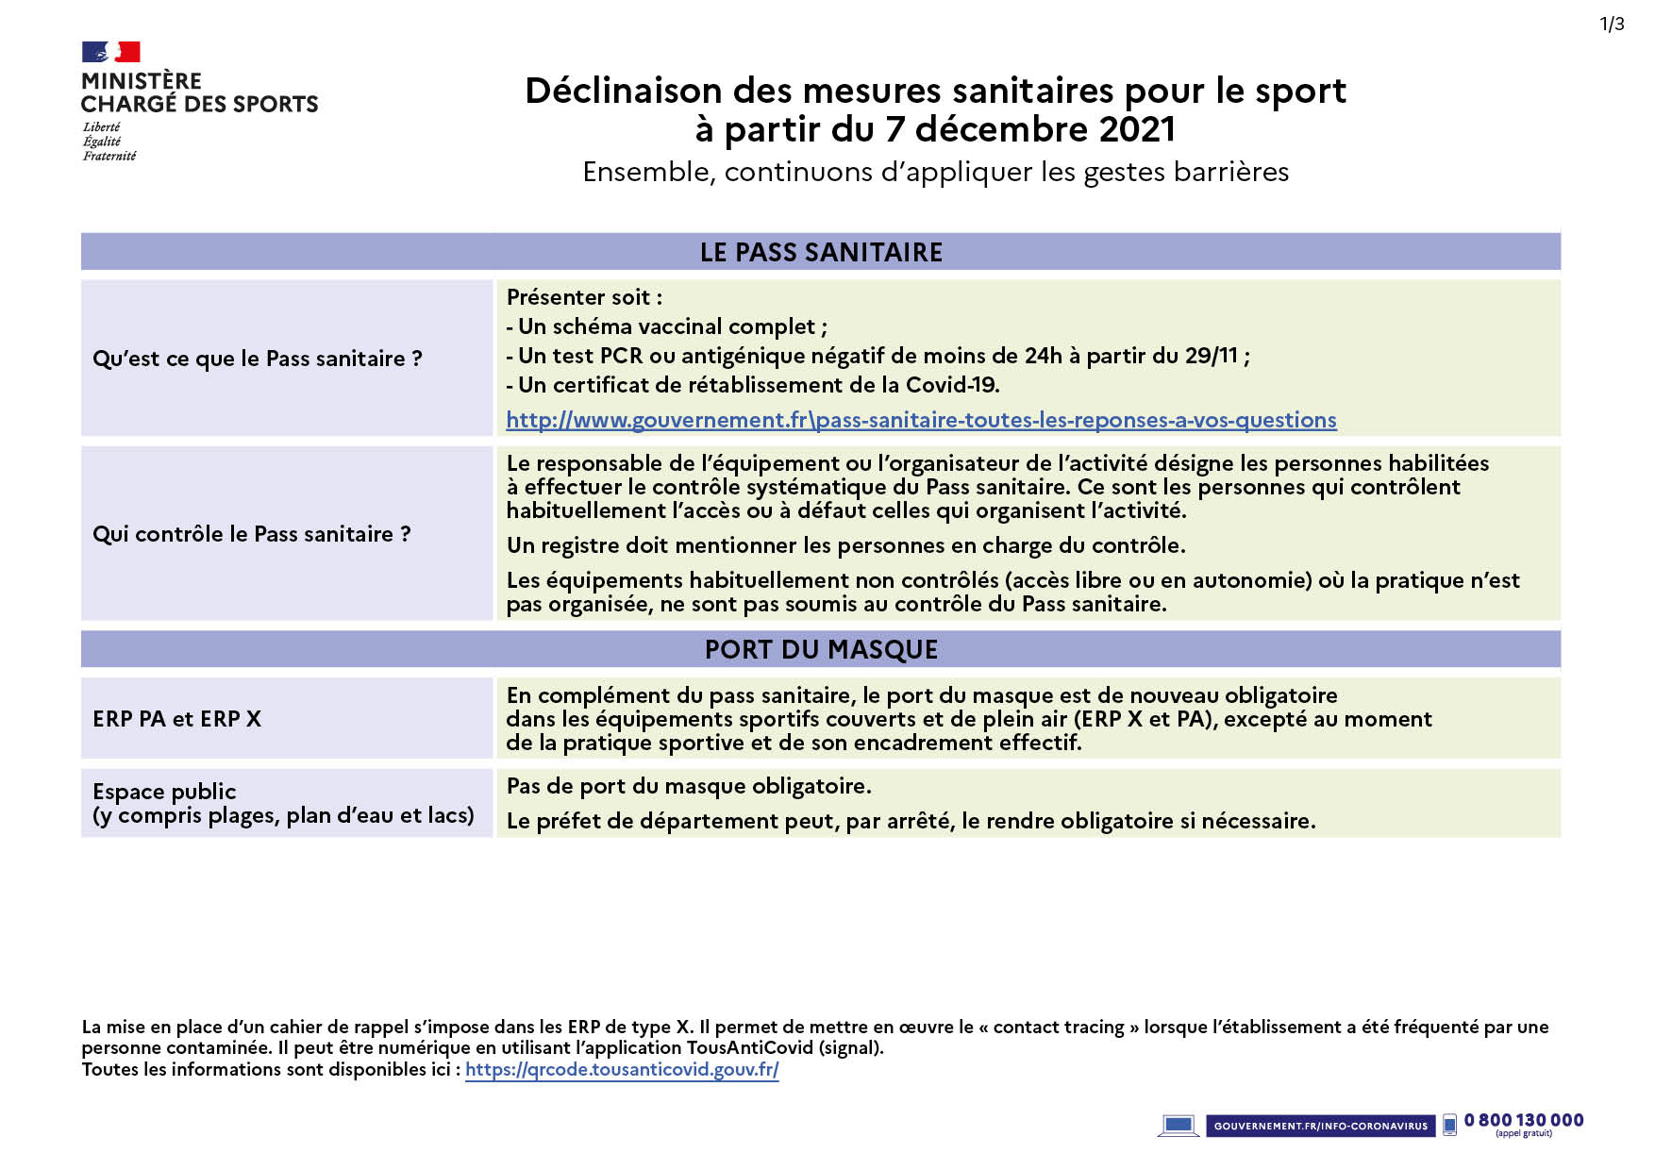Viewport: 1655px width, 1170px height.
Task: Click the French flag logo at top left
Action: coord(110,52)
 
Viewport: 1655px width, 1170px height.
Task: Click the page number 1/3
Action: coord(1612,25)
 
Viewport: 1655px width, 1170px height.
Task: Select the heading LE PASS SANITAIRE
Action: coord(821,253)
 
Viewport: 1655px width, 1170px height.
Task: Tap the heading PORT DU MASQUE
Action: coord(821,650)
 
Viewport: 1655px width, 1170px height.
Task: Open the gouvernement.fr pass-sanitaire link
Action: coord(921,421)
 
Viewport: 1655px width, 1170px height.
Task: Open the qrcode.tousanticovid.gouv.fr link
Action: coord(622,1070)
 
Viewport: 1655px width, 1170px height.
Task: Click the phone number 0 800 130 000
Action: coord(1523,1121)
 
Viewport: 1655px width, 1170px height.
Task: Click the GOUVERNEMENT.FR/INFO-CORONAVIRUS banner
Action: coord(1320,1126)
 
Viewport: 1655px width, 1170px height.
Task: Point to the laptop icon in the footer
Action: coord(1178,1126)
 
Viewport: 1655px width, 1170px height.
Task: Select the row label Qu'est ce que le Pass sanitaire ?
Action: coord(258,359)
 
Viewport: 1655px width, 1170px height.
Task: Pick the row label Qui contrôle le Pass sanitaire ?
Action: coord(252,535)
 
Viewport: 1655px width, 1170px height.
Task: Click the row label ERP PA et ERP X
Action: coord(177,719)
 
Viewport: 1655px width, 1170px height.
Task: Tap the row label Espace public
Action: coord(165,792)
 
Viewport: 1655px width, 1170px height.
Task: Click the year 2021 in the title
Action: coord(1137,130)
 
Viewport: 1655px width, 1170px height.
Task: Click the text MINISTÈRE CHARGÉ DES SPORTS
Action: coord(199,92)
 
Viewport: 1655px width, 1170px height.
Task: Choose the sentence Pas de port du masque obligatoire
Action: coord(689,787)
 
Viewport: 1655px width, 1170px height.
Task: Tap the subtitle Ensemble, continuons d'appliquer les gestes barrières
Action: coord(935,173)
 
